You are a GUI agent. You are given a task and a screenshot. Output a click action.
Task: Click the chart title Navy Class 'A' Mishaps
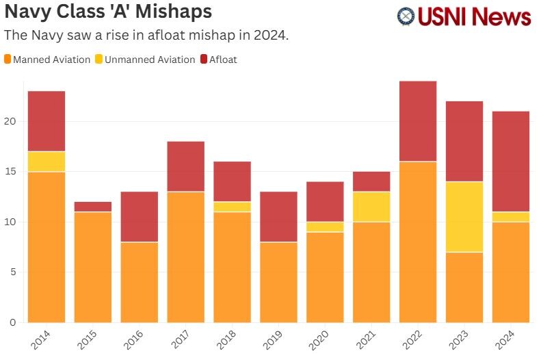click(x=108, y=12)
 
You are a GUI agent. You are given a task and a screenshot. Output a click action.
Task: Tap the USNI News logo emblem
click(x=406, y=16)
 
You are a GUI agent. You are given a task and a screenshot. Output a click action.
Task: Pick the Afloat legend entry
click(x=218, y=60)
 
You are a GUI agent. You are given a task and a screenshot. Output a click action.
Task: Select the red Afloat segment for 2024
click(x=511, y=161)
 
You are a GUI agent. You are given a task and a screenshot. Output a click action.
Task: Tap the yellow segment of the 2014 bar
click(x=47, y=162)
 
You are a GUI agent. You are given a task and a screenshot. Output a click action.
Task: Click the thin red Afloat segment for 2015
click(x=93, y=207)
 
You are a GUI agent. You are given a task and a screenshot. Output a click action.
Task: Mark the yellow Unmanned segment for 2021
click(x=371, y=207)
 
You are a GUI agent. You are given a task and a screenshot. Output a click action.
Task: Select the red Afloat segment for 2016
click(x=140, y=216)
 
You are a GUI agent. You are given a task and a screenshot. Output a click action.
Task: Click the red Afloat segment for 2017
click(x=186, y=166)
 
